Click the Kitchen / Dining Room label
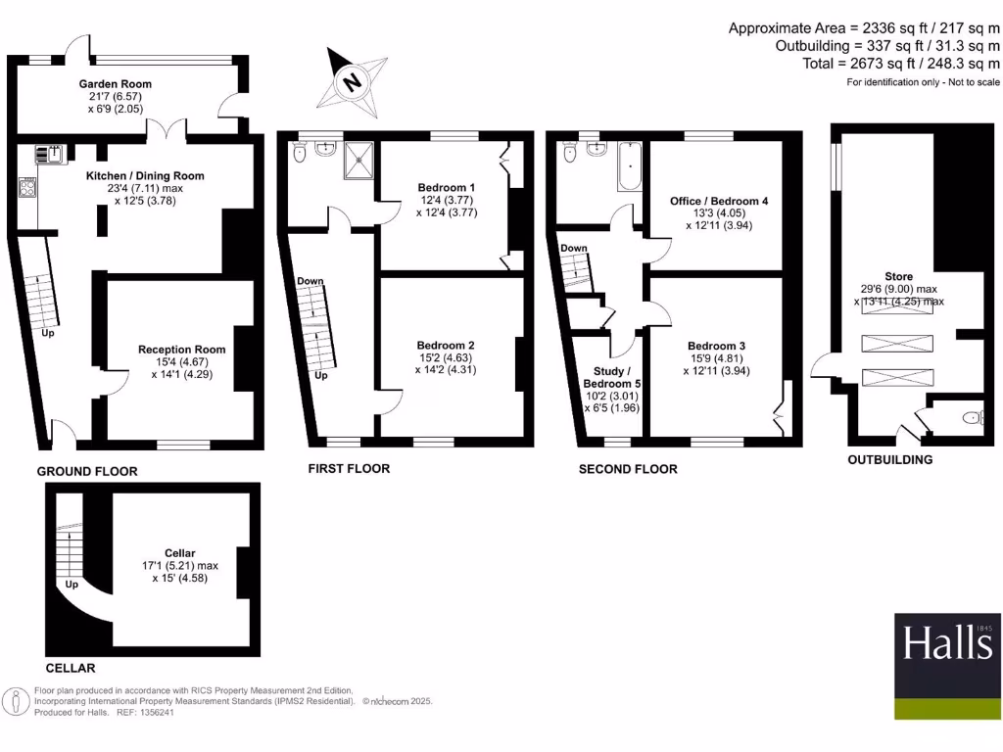pyautogui.click(x=145, y=176)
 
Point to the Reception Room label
pyautogui.click(x=181, y=350)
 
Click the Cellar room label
pyautogui.click(x=180, y=553)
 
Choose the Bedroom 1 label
pyautogui.click(x=446, y=188)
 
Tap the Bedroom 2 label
pyautogui.click(x=446, y=345)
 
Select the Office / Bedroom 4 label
pyautogui.click(x=719, y=201)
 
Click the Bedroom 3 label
pyautogui.click(x=716, y=346)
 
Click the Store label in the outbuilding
pyautogui.click(x=898, y=277)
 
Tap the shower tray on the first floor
pyautogui.click(x=358, y=160)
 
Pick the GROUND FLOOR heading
pyautogui.click(x=87, y=471)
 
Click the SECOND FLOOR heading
pyautogui.click(x=628, y=469)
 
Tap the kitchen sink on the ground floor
pyautogui.click(x=49, y=153)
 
